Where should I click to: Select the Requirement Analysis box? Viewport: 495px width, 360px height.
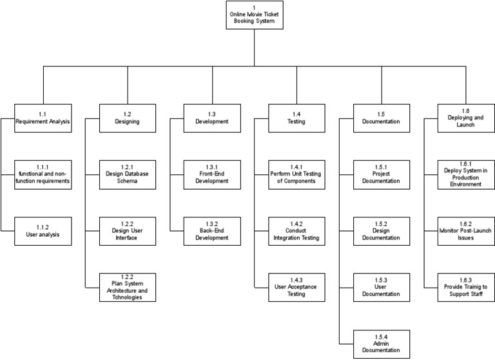(43, 117)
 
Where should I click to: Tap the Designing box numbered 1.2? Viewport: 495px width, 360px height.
(127, 117)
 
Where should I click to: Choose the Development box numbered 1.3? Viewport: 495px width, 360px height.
(212, 117)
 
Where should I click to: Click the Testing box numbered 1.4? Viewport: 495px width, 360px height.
(296, 117)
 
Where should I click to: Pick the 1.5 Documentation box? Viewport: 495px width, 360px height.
(381, 117)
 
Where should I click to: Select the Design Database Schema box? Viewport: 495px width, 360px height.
(127, 175)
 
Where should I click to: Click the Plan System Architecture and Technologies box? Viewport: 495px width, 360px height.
(127, 287)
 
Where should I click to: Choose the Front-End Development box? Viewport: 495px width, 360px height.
(212, 175)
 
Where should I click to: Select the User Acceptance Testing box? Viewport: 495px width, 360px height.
(296, 287)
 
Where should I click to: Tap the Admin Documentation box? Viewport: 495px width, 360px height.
(381, 344)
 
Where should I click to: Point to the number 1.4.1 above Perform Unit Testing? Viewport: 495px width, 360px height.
(296, 166)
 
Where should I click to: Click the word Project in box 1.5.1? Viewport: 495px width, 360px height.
(381, 174)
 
